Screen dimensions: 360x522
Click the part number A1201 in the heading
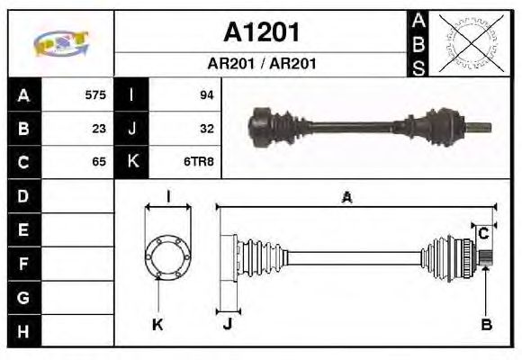tap(260, 33)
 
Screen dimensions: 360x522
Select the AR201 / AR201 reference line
tap(260, 65)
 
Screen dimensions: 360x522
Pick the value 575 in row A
tap(95, 94)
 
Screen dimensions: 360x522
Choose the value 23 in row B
tap(99, 129)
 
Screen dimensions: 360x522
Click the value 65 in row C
tap(99, 162)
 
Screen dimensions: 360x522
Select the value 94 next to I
tap(206, 94)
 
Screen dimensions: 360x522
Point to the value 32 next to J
tap(206, 129)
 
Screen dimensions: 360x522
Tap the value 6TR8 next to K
tap(202, 162)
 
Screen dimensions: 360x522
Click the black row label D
tap(23, 196)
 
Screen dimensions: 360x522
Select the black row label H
tap(23, 331)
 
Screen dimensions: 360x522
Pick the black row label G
tap(23, 298)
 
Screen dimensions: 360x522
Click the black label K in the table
tap(132, 162)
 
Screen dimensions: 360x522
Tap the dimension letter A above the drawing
tap(346, 199)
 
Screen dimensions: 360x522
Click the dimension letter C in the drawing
tap(483, 233)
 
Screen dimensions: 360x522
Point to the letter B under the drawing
tap(486, 326)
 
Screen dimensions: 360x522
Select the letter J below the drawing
tap(228, 326)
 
